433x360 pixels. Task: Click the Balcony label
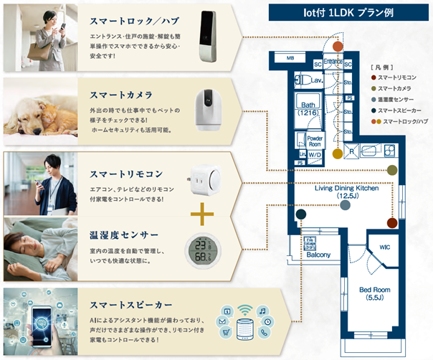coord(319,255)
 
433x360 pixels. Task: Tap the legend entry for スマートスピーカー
coord(403,110)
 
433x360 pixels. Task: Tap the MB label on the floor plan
coord(290,58)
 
